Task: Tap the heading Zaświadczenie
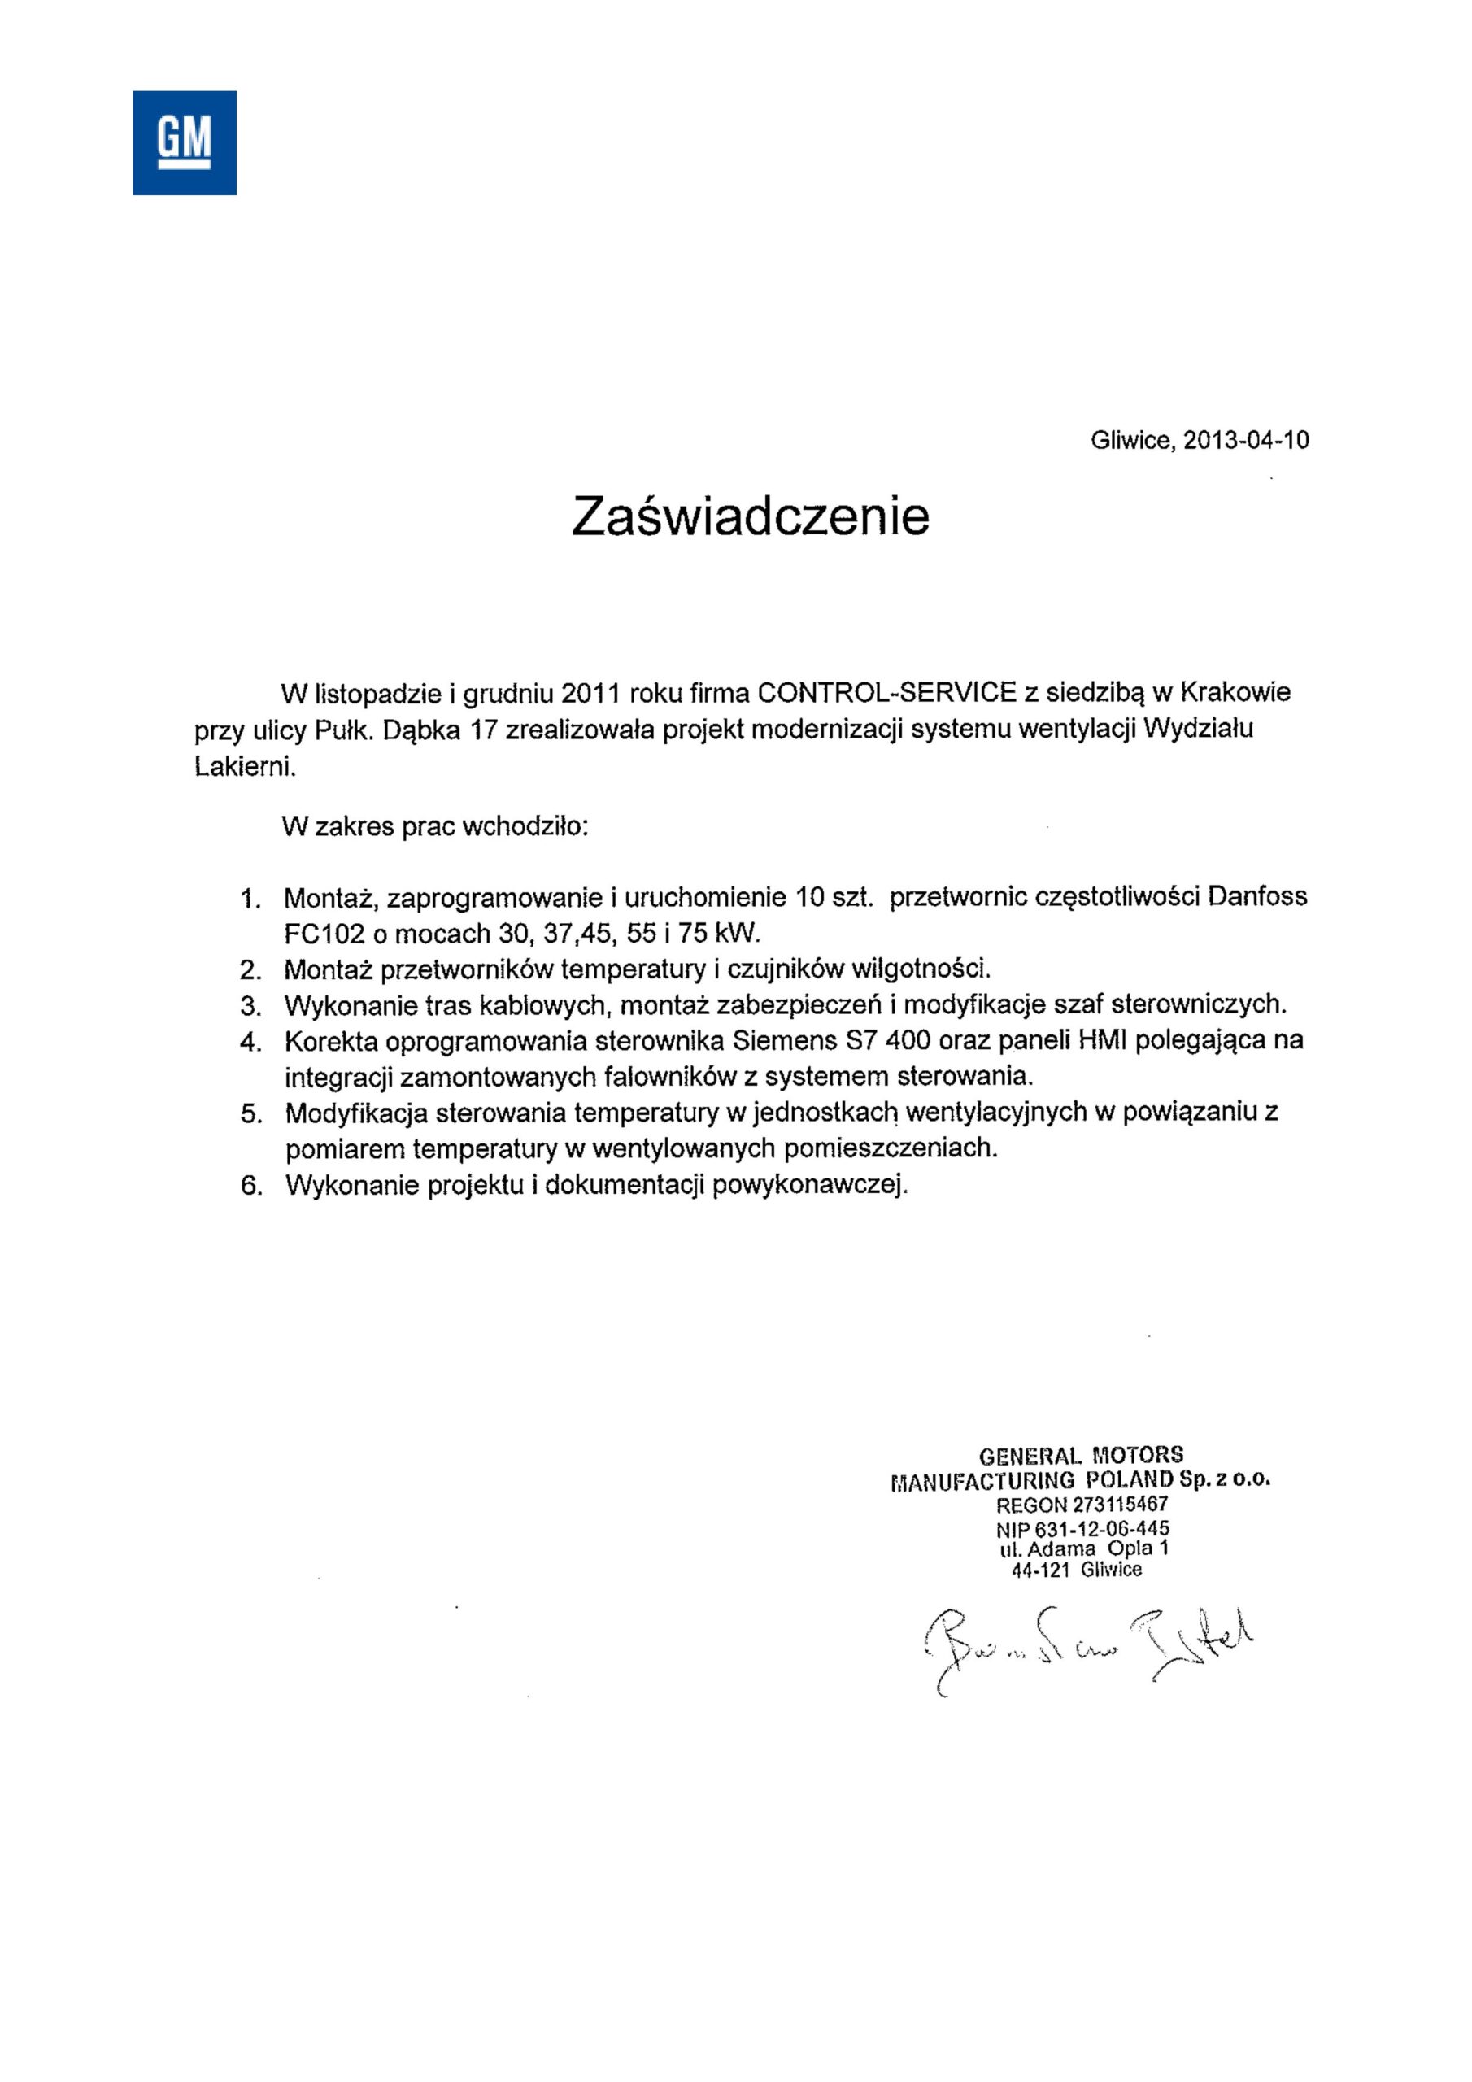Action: click(750, 517)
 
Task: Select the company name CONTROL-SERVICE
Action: click(886, 693)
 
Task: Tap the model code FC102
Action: click(324, 933)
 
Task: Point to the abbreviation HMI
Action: click(1101, 1040)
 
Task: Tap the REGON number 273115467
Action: click(1120, 1505)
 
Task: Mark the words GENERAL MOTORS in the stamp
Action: click(1081, 1456)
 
